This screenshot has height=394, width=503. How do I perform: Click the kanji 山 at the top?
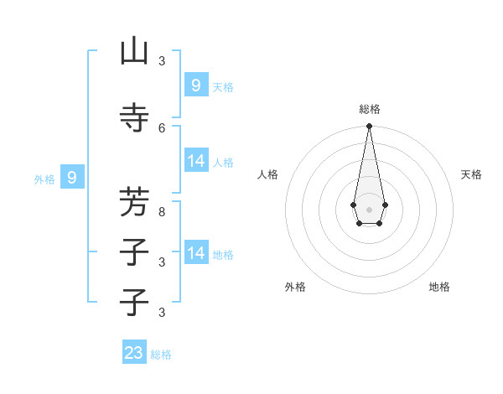134,52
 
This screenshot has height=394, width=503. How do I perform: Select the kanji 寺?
134,117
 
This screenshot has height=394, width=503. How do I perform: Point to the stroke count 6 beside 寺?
162,127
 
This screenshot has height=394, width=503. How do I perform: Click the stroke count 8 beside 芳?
162,213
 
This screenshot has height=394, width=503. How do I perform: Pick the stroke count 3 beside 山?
162,61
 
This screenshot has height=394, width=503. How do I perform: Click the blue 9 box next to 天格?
195,85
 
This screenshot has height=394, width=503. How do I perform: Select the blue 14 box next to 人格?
195,161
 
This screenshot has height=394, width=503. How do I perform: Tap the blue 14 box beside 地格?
195,252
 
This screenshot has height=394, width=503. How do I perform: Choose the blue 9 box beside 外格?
72,177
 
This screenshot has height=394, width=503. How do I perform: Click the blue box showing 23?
134,353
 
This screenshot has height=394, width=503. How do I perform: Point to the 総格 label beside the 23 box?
161,355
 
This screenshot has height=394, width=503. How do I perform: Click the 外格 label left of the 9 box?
44,179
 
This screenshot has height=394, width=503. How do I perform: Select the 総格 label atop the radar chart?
369,109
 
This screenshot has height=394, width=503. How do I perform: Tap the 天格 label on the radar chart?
471,174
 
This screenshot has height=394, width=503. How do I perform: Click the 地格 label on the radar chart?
439,287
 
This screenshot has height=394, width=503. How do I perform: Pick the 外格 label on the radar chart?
295,287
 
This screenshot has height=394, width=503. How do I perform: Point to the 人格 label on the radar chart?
267,174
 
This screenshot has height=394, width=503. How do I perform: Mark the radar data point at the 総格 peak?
369,127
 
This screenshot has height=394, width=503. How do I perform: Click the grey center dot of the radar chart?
369,209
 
